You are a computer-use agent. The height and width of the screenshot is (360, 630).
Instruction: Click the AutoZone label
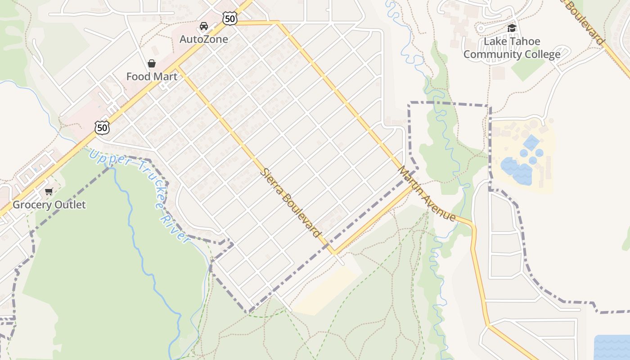click(x=203, y=39)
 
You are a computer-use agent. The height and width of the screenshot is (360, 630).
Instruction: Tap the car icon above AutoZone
click(x=204, y=26)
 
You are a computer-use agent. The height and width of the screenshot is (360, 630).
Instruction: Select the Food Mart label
click(x=152, y=76)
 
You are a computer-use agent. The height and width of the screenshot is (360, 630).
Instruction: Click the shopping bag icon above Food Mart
click(x=152, y=63)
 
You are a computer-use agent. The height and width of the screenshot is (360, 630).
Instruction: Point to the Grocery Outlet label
click(x=49, y=205)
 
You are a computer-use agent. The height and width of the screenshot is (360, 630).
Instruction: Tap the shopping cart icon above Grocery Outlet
click(x=49, y=192)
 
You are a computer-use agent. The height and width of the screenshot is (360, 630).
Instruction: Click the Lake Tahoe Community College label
click(x=512, y=48)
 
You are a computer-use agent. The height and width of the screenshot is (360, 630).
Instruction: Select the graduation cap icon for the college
click(x=512, y=28)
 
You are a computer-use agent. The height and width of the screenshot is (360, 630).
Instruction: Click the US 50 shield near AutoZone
click(x=229, y=18)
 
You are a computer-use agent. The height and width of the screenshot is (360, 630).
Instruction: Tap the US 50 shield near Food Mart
click(x=103, y=128)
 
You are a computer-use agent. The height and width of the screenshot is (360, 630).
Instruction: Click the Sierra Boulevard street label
click(x=292, y=203)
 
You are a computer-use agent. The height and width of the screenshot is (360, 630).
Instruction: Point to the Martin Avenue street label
click(x=427, y=194)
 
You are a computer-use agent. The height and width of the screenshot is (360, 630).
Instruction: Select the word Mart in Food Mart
click(x=165, y=76)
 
